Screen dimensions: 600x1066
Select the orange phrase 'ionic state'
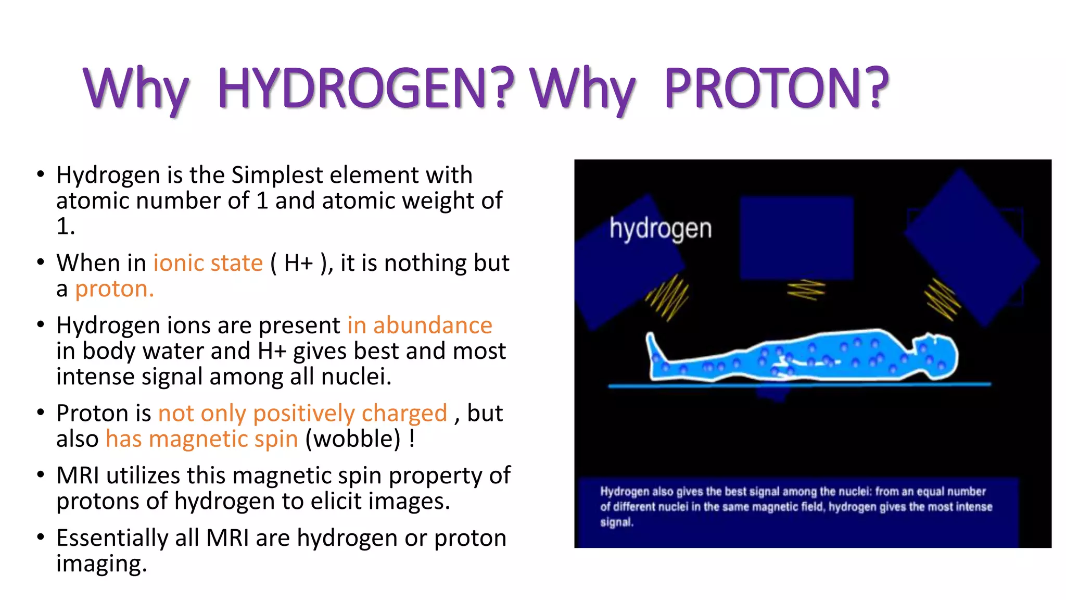(208, 263)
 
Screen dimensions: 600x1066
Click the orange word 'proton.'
(114, 289)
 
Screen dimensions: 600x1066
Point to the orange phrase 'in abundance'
(420, 326)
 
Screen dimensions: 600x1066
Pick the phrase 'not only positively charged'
(302, 414)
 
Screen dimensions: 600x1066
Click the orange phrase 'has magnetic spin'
(201, 439)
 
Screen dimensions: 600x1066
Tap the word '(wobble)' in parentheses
(353, 439)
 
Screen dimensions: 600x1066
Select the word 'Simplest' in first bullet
(277, 175)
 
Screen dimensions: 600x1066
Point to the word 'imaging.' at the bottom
(101, 564)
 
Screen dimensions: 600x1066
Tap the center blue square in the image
(796, 237)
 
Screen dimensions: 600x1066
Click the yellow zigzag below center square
(806, 290)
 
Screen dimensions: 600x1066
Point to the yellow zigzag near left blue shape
(668, 297)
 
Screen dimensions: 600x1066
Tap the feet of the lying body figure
(654, 349)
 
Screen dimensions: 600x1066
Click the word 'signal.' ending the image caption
(616, 522)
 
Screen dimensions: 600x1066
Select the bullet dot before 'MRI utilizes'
(41, 476)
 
